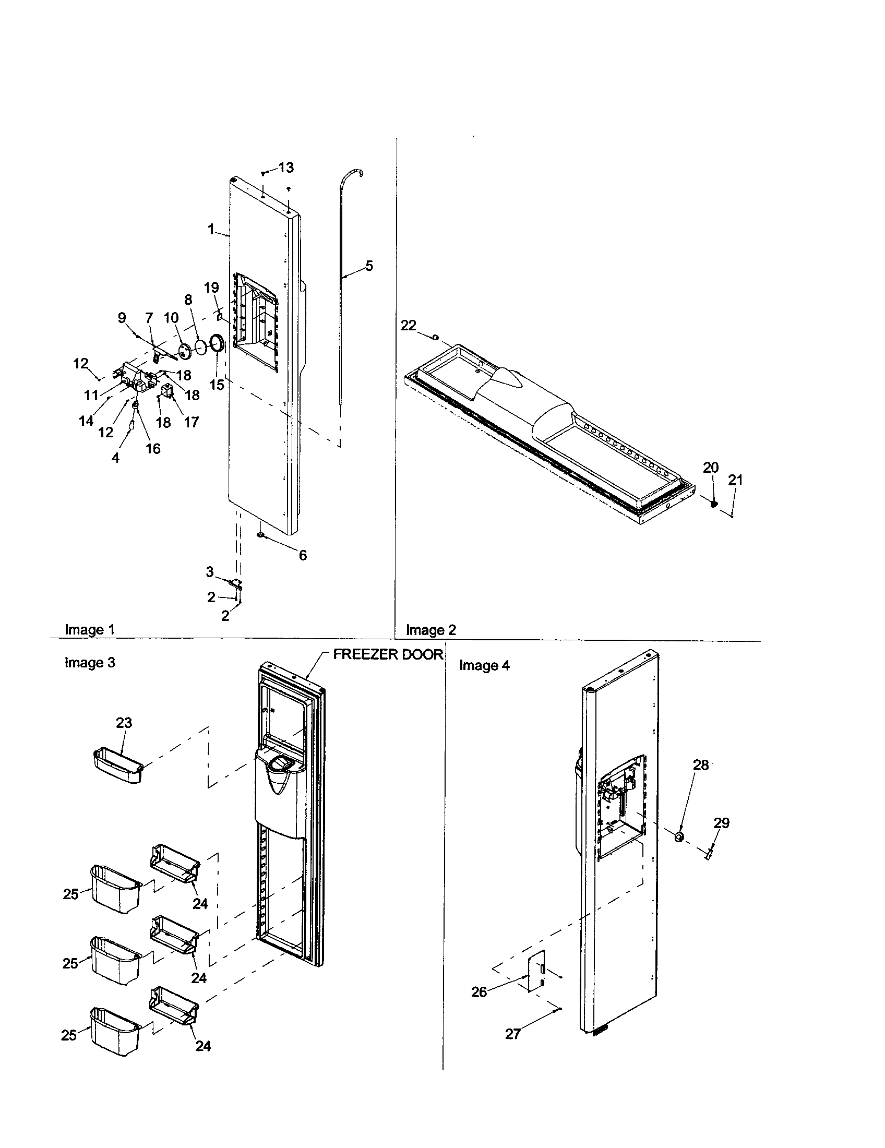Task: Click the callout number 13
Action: [x=286, y=168]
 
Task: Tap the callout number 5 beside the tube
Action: [x=369, y=266]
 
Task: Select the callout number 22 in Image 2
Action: [x=409, y=326]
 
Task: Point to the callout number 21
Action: [x=736, y=480]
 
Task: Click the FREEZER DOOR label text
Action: [x=388, y=655]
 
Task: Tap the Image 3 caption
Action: [x=89, y=663]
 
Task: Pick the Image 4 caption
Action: [x=484, y=665]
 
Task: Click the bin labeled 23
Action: [x=118, y=768]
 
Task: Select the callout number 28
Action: [x=700, y=765]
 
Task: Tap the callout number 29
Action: [x=721, y=823]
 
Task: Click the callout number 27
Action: [x=512, y=1034]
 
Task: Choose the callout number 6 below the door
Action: [x=303, y=555]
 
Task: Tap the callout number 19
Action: [x=211, y=288]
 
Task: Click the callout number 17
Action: [x=192, y=422]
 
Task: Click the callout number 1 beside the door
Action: [x=211, y=229]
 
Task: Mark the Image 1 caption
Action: [x=89, y=629]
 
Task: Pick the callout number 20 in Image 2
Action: [x=711, y=468]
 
